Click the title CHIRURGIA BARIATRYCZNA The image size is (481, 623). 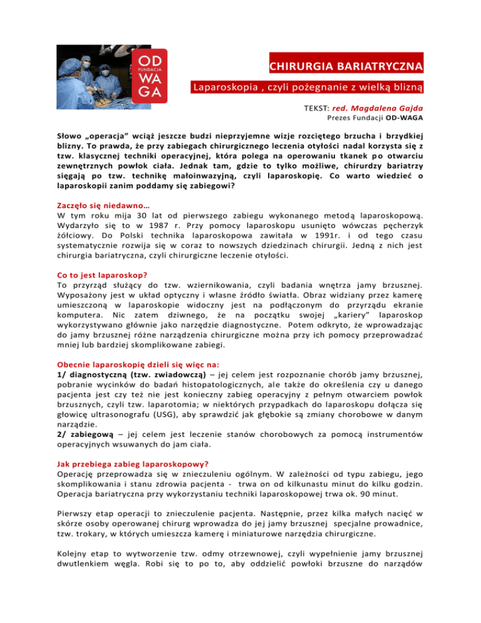tap(345, 65)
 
